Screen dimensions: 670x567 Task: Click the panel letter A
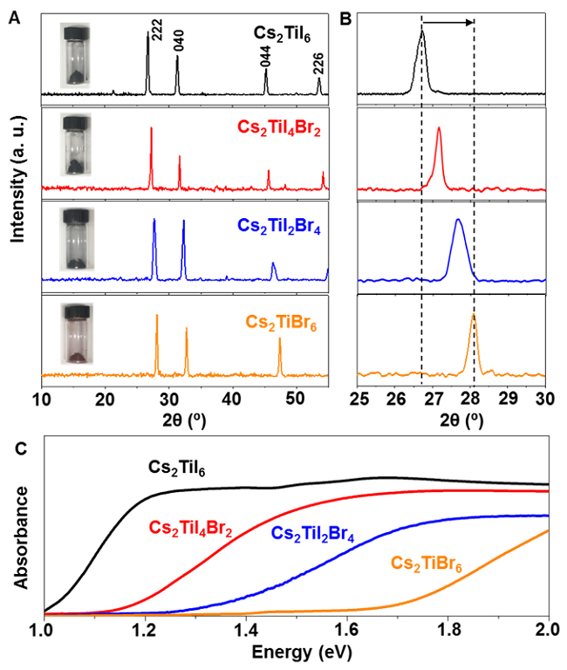coord(14,14)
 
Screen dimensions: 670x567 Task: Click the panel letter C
coord(14,448)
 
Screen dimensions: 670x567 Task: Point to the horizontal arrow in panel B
coord(447,21)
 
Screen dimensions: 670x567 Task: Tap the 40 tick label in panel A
coord(231,399)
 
